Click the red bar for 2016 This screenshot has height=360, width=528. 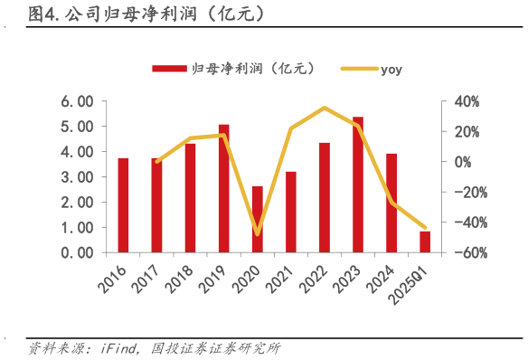(123, 205)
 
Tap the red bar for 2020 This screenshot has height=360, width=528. (257, 219)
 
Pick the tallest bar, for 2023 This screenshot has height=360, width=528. (358, 185)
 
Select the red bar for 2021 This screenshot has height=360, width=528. (290, 212)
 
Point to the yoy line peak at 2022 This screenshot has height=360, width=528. (325, 108)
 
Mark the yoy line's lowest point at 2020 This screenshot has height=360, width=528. (257, 234)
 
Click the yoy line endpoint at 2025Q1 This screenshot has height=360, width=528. (425, 228)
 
